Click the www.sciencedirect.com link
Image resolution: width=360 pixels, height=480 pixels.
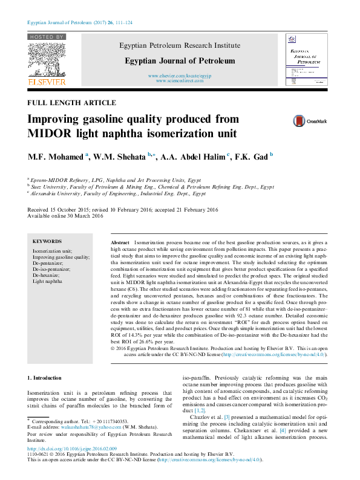click(x=179, y=80)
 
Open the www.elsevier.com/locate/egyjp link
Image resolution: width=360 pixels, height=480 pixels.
click(x=179, y=76)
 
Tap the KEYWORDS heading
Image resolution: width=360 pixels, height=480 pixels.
click(x=47, y=241)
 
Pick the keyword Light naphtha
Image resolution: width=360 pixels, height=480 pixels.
click(x=47, y=282)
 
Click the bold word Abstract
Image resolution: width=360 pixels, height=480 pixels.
click(x=121, y=241)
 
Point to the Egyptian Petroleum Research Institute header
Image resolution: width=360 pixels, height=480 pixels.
click(x=179, y=45)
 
